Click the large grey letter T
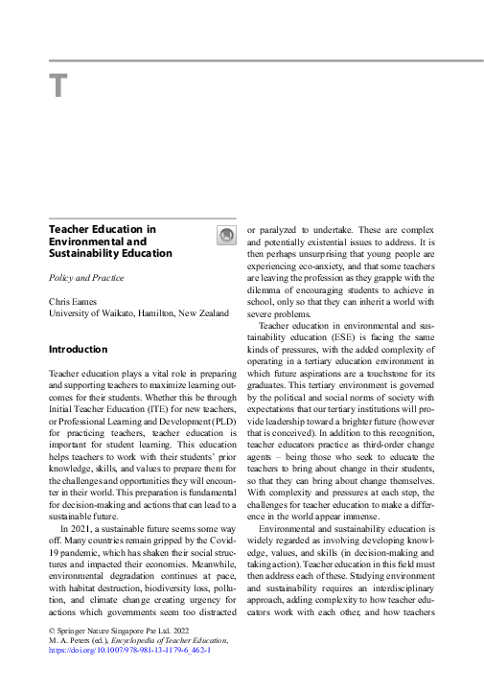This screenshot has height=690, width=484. [58, 86]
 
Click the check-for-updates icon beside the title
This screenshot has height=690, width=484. [226, 236]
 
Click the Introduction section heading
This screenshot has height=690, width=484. [78, 350]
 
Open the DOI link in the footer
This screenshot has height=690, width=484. [129, 649]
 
